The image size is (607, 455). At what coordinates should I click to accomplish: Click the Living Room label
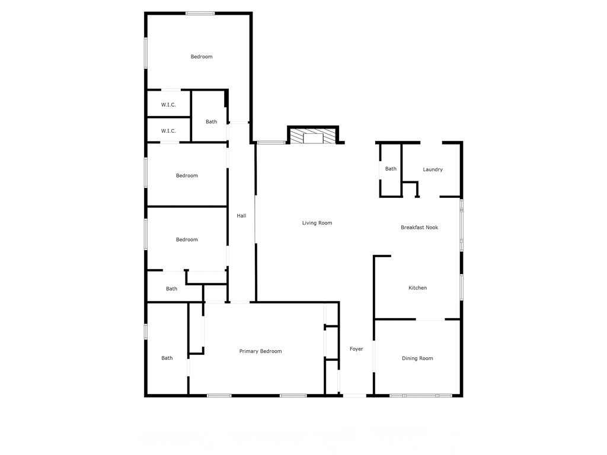[317, 223]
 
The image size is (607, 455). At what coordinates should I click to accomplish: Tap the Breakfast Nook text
[419, 227]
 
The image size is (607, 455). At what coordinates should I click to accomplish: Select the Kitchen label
[417, 288]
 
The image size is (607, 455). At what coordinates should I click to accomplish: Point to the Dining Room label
[417, 358]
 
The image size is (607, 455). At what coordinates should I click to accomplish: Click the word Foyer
[356, 350]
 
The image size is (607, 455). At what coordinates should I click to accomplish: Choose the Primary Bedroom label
[260, 351]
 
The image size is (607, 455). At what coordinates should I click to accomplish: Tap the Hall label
[241, 216]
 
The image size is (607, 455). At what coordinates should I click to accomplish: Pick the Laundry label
[433, 170]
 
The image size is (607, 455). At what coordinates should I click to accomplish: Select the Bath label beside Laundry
[391, 169]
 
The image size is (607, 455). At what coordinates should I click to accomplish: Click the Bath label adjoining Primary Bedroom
[167, 358]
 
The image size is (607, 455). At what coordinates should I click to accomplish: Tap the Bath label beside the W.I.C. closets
[211, 122]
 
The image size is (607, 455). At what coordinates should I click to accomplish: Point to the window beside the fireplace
[271, 142]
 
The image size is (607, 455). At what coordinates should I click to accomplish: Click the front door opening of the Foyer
[355, 395]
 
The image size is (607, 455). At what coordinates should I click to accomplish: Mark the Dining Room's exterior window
[421, 395]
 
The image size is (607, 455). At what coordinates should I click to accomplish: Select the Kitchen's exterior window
[461, 287]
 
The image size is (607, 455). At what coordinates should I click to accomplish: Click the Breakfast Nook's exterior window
[461, 225]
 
